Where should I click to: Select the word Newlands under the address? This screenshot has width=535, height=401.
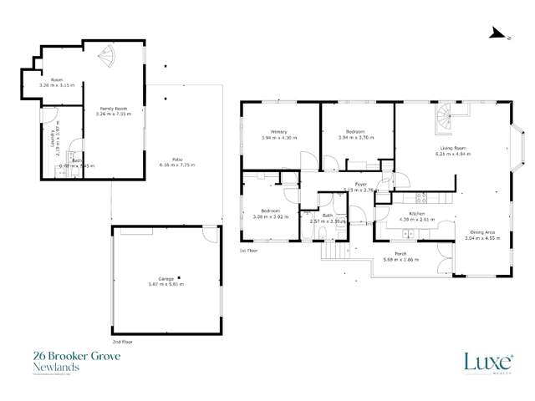point(51,367)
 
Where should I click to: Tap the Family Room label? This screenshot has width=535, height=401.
point(113,109)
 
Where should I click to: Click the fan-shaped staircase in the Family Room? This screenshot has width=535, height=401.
point(110,58)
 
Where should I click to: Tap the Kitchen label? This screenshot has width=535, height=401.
point(417,214)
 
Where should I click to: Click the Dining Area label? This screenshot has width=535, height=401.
point(481,233)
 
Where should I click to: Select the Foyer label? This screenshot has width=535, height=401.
point(361,185)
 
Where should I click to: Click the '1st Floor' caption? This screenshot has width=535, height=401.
point(247,251)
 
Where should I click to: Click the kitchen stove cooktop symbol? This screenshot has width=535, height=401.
point(421,198)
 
